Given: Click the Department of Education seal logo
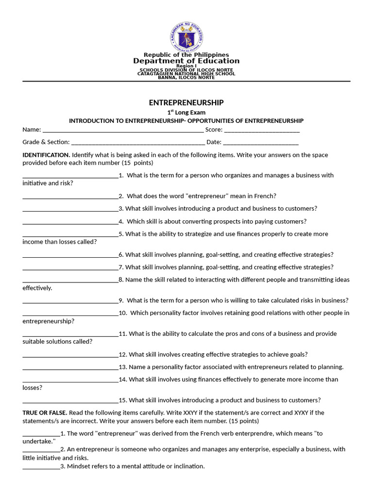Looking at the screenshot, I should (x=186, y=36).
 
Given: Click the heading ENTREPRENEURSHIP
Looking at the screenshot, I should (x=186, y=102).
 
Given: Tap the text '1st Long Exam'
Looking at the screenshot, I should (x=186, y=113).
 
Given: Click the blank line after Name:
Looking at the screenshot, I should (x=123, y=130).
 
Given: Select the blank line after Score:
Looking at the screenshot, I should (x=262, y=130).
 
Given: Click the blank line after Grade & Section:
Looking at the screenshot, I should (x=137, y=143).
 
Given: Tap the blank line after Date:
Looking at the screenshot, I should (x=261, y=143).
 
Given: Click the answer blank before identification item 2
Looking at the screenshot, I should (x=70, y=197).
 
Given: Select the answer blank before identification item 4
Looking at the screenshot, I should (x=70, y=222).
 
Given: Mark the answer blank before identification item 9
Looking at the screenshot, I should (x=70, y=301).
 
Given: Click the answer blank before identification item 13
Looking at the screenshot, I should (x=70, y=367).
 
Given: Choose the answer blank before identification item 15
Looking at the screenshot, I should (x=70, y=401).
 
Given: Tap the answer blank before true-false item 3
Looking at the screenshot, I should (x=41, y=467).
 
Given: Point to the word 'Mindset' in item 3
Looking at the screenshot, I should (x=78, y=466).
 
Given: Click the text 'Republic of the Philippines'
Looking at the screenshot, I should (x=186, y=55).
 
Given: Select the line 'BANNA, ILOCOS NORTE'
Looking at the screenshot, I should (x=186, y=78).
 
